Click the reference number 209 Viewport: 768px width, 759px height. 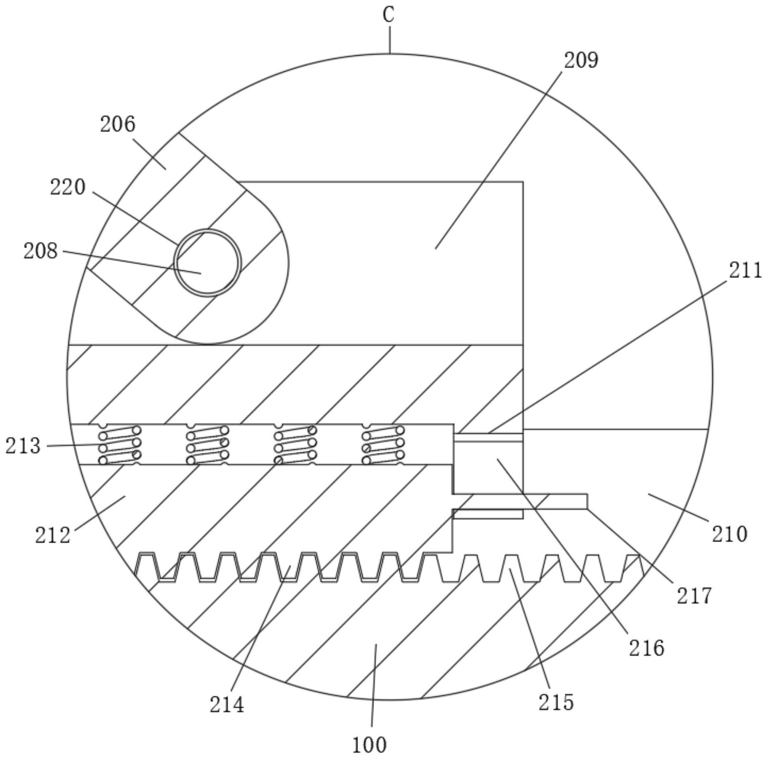pyautogui.click(x=581, y=60)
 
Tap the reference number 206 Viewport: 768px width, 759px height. pyautogui.click(x=118, y=124)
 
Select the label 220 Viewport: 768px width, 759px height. pyautogui.click(x=68, y=187)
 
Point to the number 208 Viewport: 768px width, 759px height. pyautogui.click(x=41, y=251)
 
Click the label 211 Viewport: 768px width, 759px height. pyautogui.click(x=745, y=270)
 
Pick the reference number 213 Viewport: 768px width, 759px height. pyautogui.click(x=23, y=446)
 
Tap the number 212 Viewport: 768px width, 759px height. pyautogui.click(x=53, y=535)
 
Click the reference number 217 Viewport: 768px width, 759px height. pyautogui.click(x=694, y=596)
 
